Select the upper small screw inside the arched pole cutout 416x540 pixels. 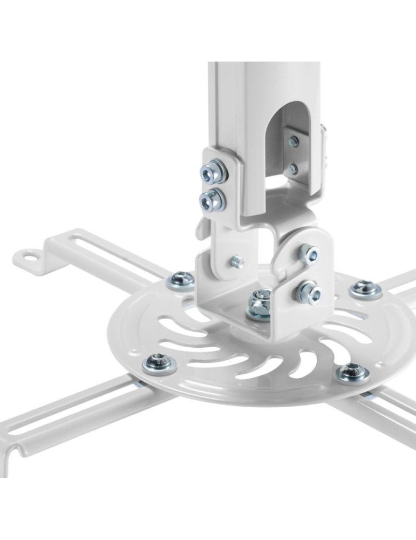click(293, 142)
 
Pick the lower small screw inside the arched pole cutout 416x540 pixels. click(293, 169)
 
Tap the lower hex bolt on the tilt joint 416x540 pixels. click(308, 293)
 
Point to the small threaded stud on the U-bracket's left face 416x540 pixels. click(236, 262)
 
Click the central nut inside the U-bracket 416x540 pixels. click(260, 304)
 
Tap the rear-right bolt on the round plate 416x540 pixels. click(365, 289)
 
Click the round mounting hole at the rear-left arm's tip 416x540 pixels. click(33, 256)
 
